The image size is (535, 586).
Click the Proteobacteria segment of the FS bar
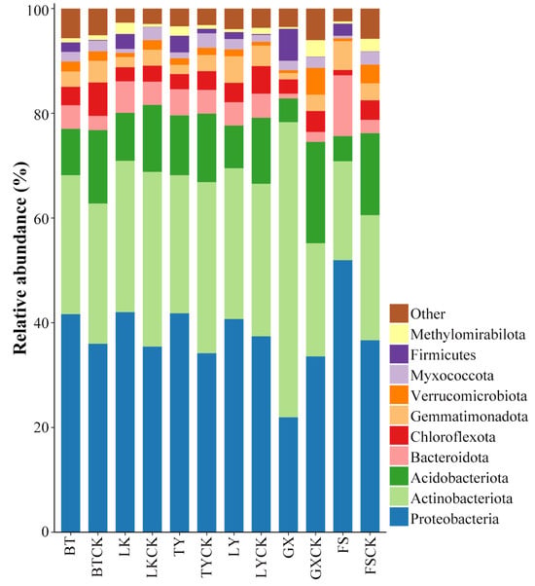pyautogui.click(x=342, y=396)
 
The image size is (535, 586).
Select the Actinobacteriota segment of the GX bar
pyautogui.click(x=289, y=270)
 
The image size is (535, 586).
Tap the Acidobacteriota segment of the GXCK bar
pyautogui.click(x=315, y=193)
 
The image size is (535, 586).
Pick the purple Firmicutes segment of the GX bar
pyautogui.click(x=289, y=45)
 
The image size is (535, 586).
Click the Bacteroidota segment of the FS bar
pyautogui.click(x=342, y=106)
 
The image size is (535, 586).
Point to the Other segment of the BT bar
pyautogui.click(x=71, y=23)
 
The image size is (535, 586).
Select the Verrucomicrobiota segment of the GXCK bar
pyautogui.click(x=315, y=81)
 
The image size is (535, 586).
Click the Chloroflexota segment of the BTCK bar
pyautogui.click(x=98, y=99)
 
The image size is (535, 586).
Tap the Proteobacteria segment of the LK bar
pyautogui.click(x=125, y=421)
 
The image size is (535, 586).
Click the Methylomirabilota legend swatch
pyautogui.click(x=399, y=334)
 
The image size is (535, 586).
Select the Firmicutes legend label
pyautogui.click(x=444, y=354)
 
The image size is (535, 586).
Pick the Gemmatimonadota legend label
pyautogui.click(x=469, y=417)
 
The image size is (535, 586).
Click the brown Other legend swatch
pyautogui.click(x=399, y=313)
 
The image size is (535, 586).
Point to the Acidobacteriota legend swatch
pyautogui.click(x=399, y=478)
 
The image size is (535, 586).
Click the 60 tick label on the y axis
pyautogui.click(x=41, y=218)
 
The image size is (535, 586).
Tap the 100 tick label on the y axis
pyautogui.click(x=38, y=10)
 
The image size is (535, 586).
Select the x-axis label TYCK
pyautogui.click(x=207, y=557)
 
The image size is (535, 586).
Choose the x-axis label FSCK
pyautogui.click(x=370, y=556)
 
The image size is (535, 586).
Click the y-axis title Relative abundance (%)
pyautogui.click(x=20, y=258)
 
